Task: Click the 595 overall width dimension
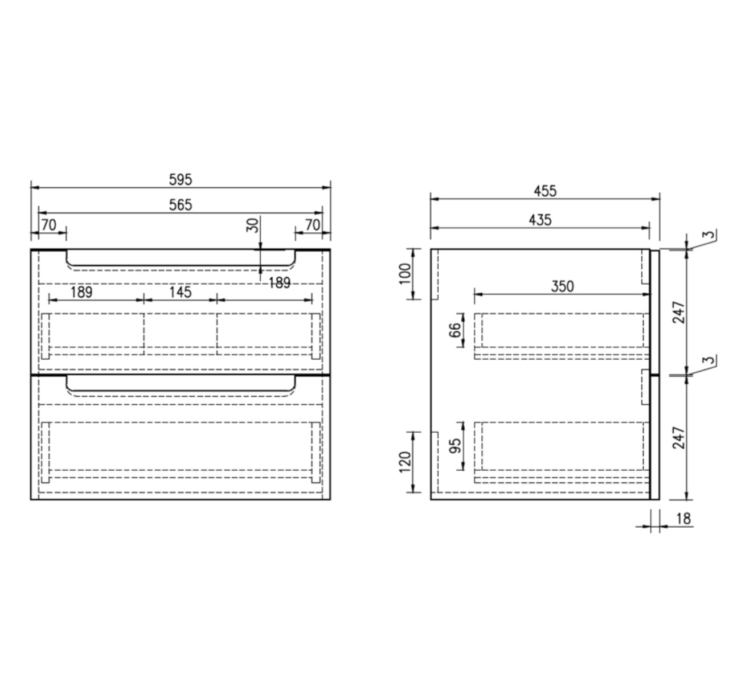tap(181, 180)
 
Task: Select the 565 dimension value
tap(181, 205)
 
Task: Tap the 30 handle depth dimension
tap(252, 225)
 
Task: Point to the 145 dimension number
tap(180, 292)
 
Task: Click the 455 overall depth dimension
tap(545, 191)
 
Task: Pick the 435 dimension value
tap(540, 220)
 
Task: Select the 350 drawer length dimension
tap(562, 286)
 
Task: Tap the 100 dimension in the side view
tap(405, 274)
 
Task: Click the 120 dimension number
tap(405, 462)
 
